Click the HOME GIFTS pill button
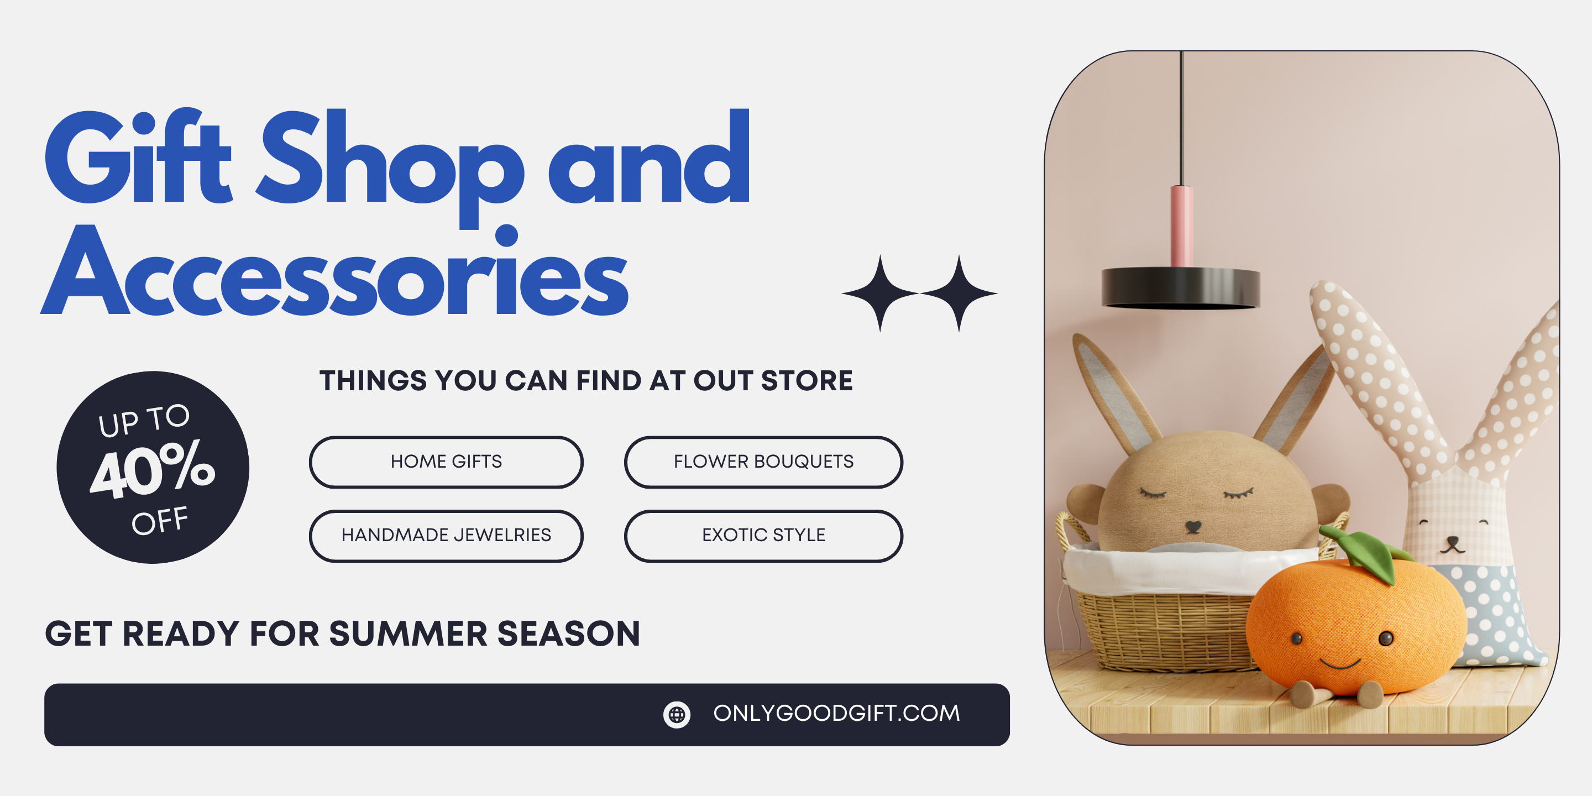[446, 462]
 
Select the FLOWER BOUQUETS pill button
[763, 462]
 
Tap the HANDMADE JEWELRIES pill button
[446, 535]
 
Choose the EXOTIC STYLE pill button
[763, 535]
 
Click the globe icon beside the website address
[677, 714]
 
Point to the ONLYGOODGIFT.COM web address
[837, 713]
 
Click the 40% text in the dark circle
[153, 469]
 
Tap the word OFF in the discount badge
[159, 520]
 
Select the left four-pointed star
[880, 293]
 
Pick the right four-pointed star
[959, 293]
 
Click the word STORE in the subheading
[807, 381]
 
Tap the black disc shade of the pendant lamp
[1180, 288]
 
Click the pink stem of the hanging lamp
[1181, 226]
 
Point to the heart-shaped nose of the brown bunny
[1193, 527]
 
